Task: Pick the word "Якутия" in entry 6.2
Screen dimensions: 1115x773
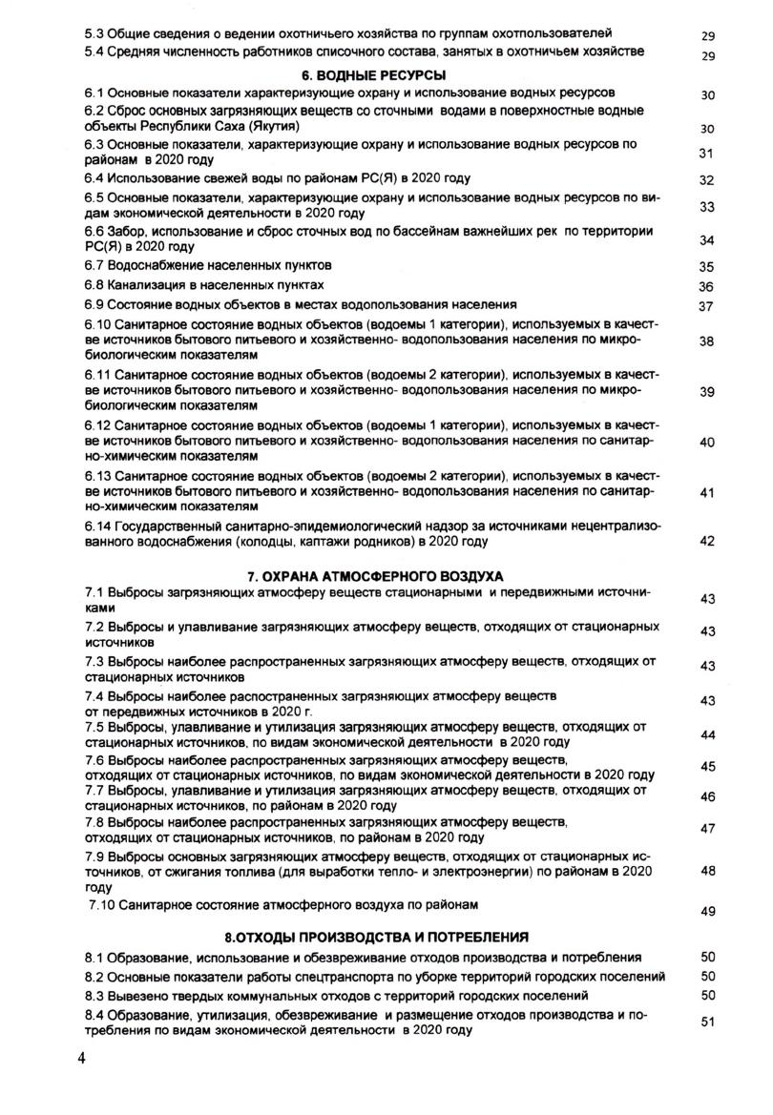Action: [x=274, y=127]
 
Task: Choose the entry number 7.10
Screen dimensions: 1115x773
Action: [x=103, y=902]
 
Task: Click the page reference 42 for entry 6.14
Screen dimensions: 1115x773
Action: [x=707, y=541]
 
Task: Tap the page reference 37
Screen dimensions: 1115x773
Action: [x=707, y=306]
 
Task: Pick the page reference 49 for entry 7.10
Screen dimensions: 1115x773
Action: [x=707, y=912]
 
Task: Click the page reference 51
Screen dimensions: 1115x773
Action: [x=707, y=1022]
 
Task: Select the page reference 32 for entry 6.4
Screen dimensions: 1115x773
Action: [x=707, y=180]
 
